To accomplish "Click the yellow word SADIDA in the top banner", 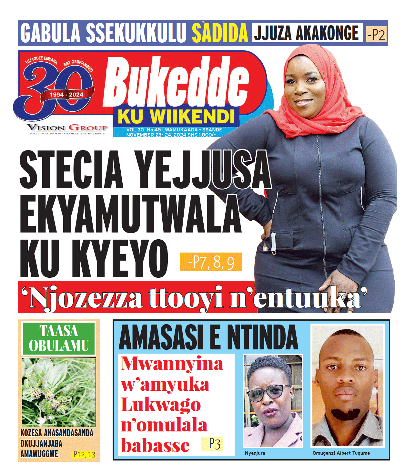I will click(x=220, y=33).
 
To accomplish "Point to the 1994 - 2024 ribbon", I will click(x=66, y=95).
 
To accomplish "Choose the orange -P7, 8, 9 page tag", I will click(x=211, y=262).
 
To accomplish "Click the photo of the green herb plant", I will click(x=59, y=392).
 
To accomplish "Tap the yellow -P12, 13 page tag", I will click(x=83, y=455).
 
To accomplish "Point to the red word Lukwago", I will click(x=161, y=405).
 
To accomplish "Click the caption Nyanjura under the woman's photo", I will click(x=255, y=453).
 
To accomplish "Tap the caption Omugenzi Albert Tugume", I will click(x=341, y=453).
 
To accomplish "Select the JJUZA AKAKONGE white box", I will click(x=307, y=33).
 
